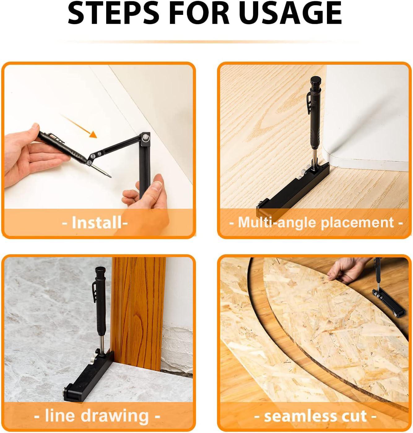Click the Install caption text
(x=95, y=223)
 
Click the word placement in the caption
(x=357, y=223)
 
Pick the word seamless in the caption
(x=296, y=416)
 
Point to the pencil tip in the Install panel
(x=111, y=177)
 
